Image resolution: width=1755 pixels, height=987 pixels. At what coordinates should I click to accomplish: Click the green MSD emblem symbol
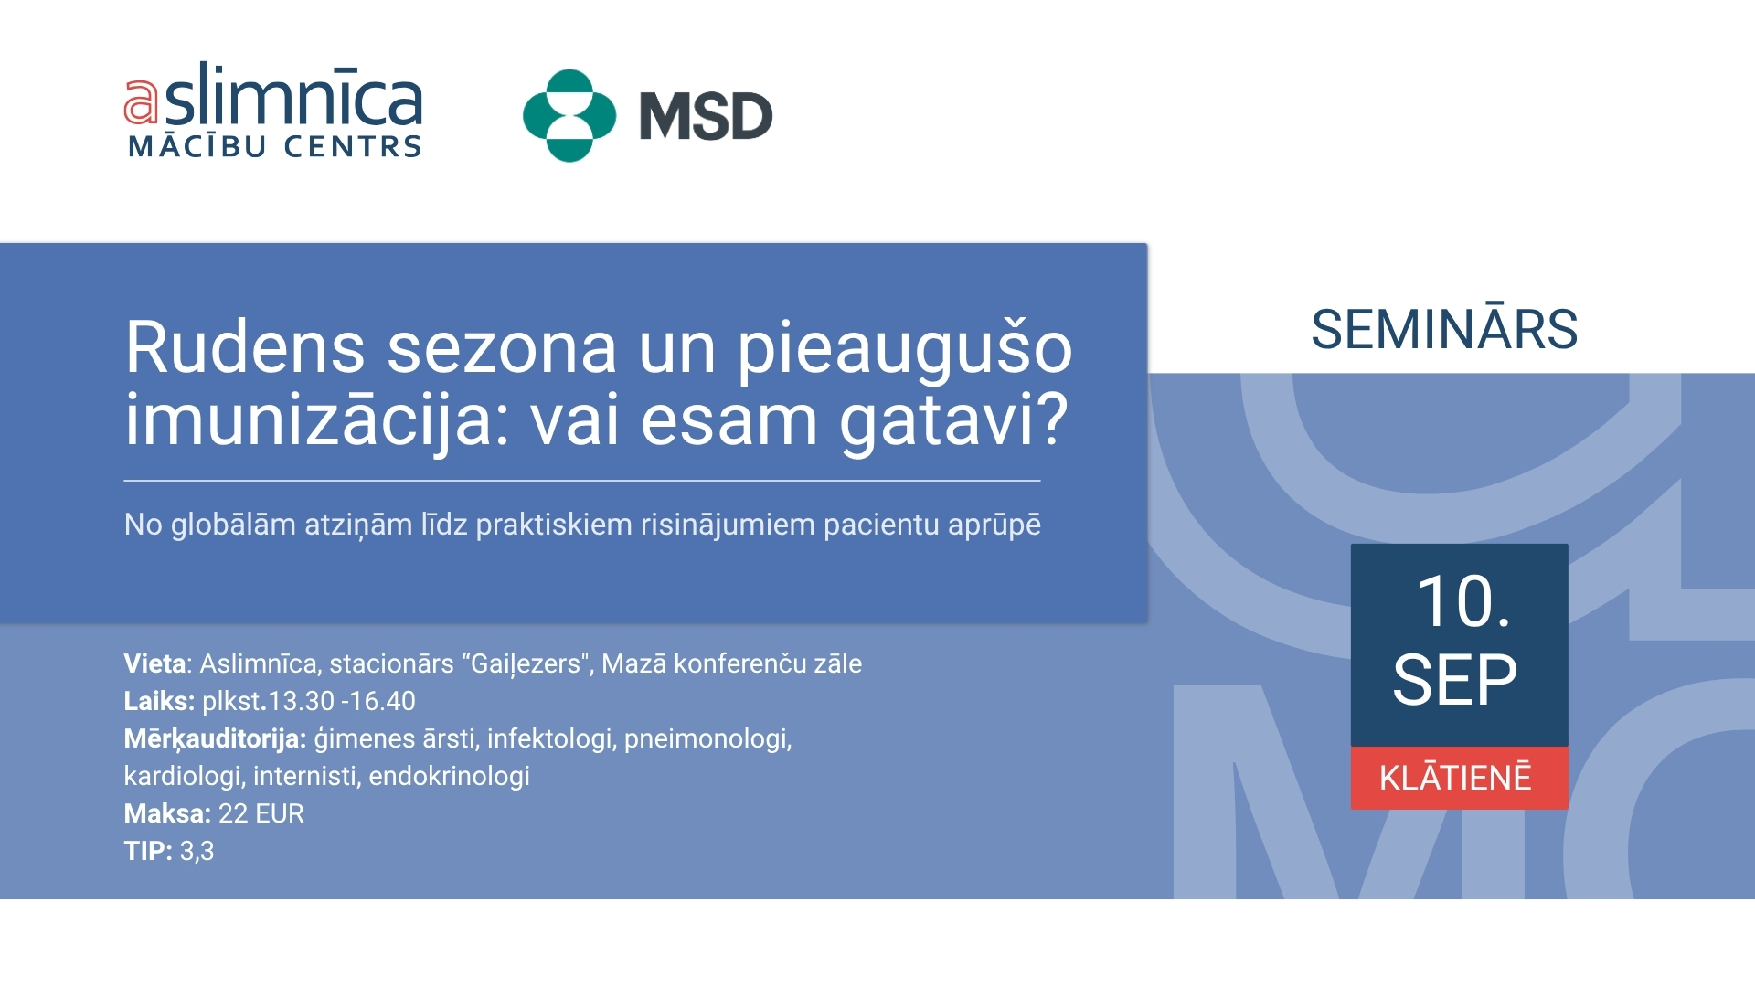(569, 115)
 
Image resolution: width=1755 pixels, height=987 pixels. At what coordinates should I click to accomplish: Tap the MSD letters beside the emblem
(706, 117)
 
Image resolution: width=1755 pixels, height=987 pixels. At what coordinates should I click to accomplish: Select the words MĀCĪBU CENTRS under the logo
(275, 145)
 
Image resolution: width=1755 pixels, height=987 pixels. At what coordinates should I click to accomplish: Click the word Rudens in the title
(244, 347)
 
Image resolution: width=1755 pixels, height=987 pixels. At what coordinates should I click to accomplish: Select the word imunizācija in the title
(316, 420)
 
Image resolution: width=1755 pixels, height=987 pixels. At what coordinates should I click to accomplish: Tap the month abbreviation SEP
(1455, 680)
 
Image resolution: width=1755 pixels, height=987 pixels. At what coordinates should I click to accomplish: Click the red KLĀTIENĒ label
(1459, 778)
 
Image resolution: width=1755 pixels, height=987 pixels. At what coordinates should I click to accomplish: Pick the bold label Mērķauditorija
(215, 738)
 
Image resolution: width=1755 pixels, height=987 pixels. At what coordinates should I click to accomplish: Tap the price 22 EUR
(261, 813)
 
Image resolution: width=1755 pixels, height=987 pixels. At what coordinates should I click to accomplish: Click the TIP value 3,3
(197, 852)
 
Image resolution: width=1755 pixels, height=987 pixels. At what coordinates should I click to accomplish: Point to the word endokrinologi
(449, 776)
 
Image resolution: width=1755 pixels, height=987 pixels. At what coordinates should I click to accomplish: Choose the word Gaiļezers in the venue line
(526, 664)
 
